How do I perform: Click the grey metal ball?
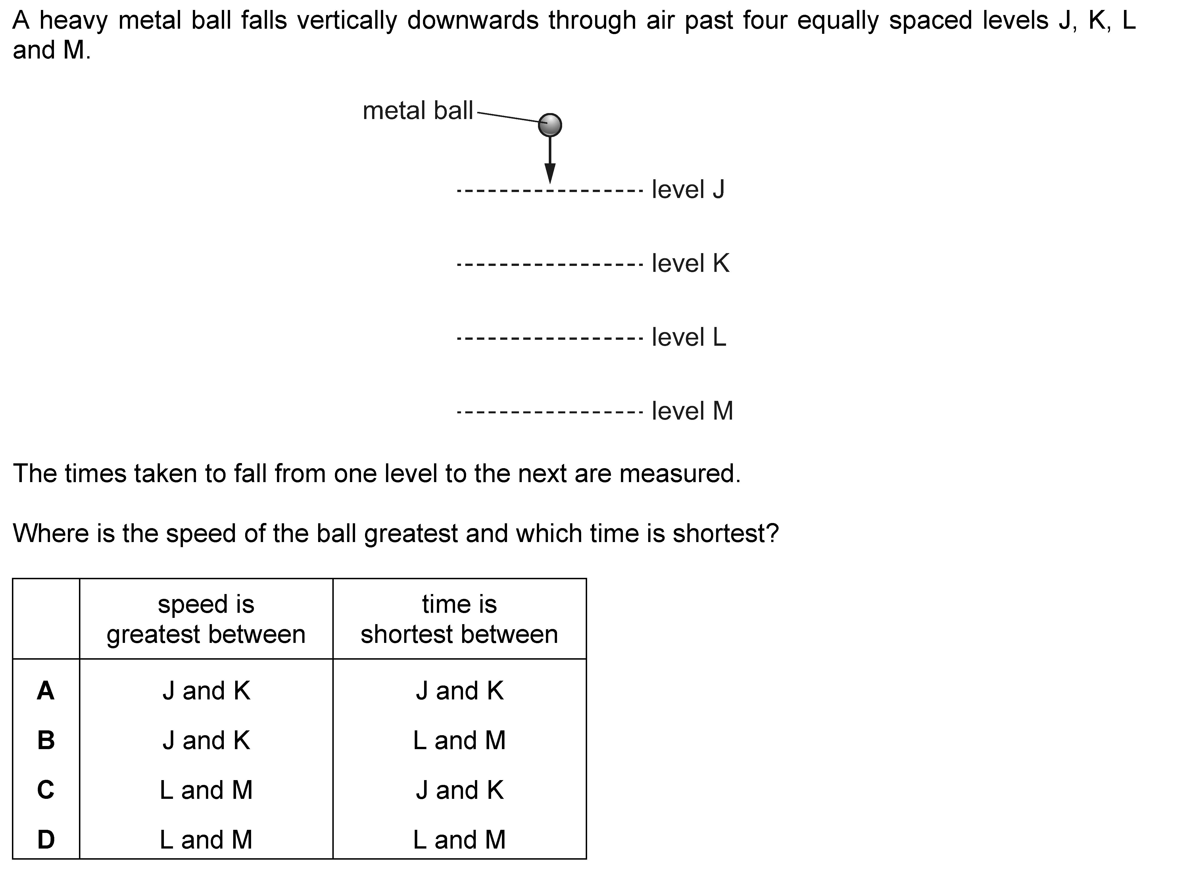click(x=550, y=125)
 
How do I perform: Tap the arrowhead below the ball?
click(x=550, y=173)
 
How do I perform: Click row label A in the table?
click(x=46, y=691)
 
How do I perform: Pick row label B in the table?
click(x=46, y=740)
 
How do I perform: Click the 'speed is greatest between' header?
click(x=206, y=619)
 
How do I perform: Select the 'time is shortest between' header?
click(x=459, y=619)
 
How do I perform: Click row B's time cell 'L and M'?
click(x=459, y=740)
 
